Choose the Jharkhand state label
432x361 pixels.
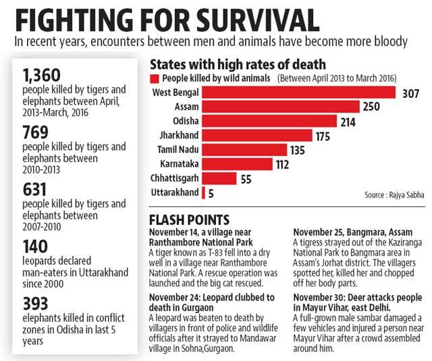pos(180,135)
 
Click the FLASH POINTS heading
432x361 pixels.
pos(189,220)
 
